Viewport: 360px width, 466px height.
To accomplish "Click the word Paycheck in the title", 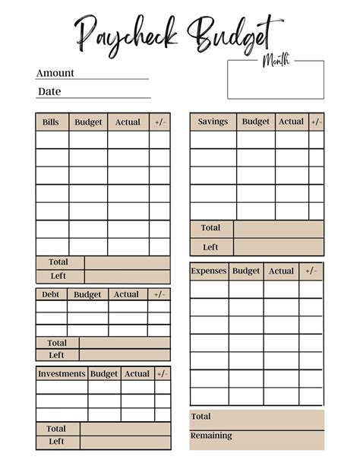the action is (127, 34).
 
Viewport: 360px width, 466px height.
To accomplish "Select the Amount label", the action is (55, 73).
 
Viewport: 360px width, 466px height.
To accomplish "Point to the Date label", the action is (49, 91).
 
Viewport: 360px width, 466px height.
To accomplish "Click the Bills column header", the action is (51, 122).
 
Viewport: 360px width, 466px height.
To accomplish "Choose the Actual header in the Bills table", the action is (128, 122).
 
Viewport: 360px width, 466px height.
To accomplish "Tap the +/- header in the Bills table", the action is (159, 122).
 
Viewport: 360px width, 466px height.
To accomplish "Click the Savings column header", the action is (213, 122).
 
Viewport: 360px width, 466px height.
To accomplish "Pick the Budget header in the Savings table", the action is (255, 122).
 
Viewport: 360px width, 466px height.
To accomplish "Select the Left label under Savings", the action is (210, 247).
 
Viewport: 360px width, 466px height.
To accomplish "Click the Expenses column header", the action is (209, 271).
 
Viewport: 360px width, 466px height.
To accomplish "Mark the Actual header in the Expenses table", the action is (281, 271).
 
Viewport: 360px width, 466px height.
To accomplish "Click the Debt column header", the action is (50, 294).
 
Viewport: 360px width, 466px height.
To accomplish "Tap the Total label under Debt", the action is (57, 343).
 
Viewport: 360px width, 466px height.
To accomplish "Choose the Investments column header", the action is (62, 374).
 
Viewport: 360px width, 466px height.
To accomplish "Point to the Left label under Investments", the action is (57, 442).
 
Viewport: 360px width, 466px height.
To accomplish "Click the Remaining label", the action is (212, 436).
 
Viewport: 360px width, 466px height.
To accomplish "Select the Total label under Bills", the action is (58, 262).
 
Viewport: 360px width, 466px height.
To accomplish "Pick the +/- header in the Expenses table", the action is (311, 271).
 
